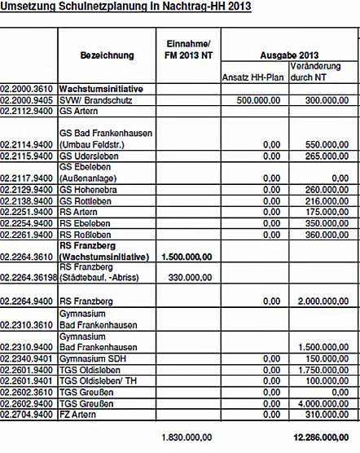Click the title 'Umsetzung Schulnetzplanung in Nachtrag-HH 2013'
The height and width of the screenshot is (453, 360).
point(125,7)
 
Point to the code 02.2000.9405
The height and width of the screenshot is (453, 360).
point(28,100)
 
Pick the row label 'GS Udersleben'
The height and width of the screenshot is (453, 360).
point(85,153)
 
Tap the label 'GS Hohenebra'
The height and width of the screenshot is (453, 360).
point(86,187)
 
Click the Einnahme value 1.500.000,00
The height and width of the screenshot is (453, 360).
point(189,256)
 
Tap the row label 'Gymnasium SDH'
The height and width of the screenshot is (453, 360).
point(91,357)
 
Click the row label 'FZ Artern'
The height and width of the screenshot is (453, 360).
point(79,413)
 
